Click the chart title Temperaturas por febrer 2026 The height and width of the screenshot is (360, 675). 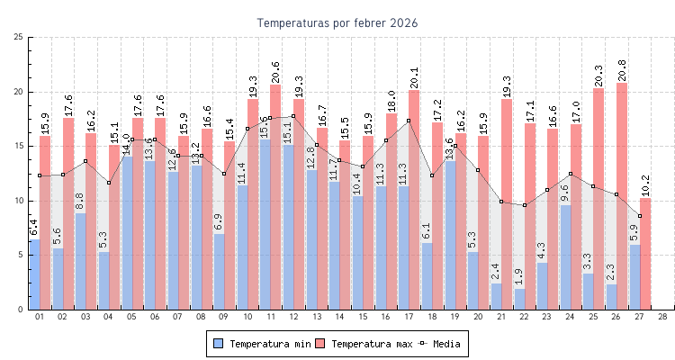click(337, 22)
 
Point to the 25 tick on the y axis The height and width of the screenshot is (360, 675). click(19, 37)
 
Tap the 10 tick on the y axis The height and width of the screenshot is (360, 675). click(19, 201)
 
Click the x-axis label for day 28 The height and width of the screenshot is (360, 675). click(662, 317)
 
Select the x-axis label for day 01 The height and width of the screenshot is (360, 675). click(39, 317)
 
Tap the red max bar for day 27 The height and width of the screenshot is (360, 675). click(645, 254)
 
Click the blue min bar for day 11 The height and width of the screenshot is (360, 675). click(265, 225)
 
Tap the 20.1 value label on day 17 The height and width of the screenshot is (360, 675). click(414, 78)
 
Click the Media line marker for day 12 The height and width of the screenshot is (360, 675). click(293, 116)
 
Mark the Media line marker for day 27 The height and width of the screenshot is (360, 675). click(640, 216)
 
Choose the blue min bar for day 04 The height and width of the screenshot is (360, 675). click(103, 281)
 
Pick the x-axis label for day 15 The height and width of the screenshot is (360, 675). click(363, 317)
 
